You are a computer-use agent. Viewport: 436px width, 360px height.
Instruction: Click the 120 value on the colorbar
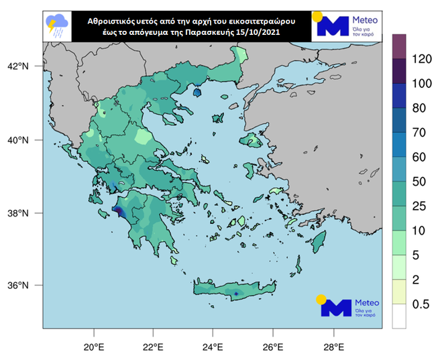(421, 58)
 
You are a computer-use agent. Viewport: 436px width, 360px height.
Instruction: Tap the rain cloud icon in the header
(56, 25)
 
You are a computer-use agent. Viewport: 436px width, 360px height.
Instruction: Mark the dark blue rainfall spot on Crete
(237, 294)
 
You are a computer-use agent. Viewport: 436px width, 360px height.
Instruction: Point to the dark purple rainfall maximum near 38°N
(117, 212)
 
